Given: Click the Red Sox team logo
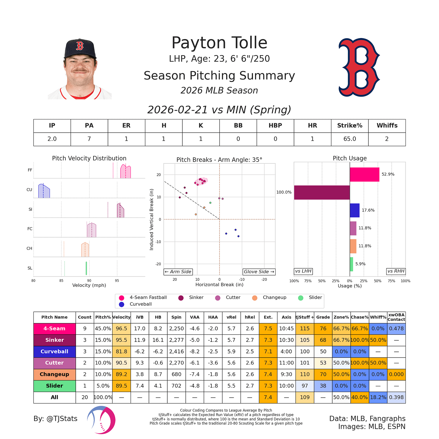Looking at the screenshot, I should (x=359, y=67).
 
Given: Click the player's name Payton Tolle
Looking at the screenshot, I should (x=219, y=43).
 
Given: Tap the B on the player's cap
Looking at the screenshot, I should (x=80, y=46).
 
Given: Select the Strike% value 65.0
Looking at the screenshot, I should (x=350, y=139).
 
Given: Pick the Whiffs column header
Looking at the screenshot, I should (x=387, y=125).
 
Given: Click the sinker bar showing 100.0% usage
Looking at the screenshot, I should (x=322, y=192).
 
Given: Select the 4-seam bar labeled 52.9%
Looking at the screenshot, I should (x=364, y=174).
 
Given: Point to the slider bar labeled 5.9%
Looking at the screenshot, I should (x=351, y=264).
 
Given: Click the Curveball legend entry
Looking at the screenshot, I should (x=141, y=304).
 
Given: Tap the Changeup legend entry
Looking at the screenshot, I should (x=274, y=297).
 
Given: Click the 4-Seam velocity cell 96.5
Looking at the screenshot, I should (x=122, y=329).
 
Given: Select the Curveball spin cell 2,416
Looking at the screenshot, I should (x=176, y=352).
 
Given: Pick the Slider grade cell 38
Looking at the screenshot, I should (x=323, y=386).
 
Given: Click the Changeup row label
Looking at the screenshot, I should (x=55, y=374).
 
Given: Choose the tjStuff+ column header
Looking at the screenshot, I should (x=305, y=317).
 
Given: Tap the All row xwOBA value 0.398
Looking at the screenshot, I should (x=396, y=397).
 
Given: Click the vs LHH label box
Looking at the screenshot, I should (x=303, y=271).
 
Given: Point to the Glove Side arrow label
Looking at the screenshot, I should (x=259, y=272).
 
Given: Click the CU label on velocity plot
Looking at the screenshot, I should (x=29, y=190).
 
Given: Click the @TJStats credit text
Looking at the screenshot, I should (x=55, y=418).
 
